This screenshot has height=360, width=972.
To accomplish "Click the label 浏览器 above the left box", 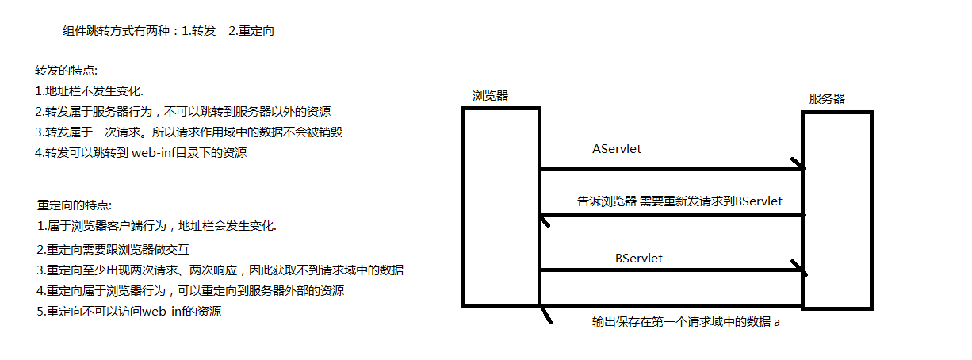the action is [x=490, y=96].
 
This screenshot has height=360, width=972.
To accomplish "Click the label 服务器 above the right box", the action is [x=827, y=99].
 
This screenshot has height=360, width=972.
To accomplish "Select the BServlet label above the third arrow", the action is [x=639, y=258].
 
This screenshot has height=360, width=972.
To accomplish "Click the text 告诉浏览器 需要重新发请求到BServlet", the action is [x=679, y=201].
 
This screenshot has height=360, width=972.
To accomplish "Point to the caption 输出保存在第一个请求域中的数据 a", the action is [x=686, y=323].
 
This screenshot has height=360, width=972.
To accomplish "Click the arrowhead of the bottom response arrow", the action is [x=545, y=315].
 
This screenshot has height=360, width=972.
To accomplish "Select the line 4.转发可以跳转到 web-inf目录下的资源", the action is [x=141, y=153].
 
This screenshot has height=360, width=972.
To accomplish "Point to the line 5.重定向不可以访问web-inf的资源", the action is [x=128, y=312].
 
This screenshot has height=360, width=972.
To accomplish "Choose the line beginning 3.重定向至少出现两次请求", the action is [x=220, y=270].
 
